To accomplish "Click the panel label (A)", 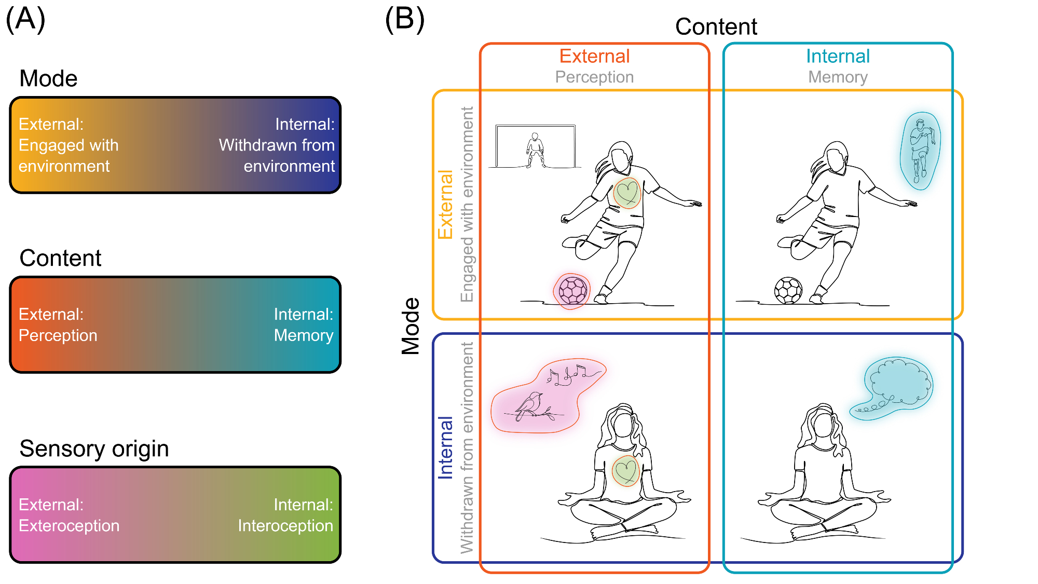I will pyautogui.click(x=25, y=19).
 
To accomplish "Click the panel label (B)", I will pyautogui.click(x=405, y=19).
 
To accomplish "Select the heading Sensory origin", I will pyautogui.click(x=94, y=449).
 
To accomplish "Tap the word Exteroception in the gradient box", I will pyautogui.click(x=69, y=525).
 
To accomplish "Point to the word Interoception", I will pyautogui.click(x=285, y=525).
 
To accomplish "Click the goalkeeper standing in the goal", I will pyautogui.click(x=535, y=150).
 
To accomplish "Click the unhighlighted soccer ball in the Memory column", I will pyautogui.click(x=788, y=291).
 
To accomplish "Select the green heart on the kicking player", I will pyautogui.click(x=627, y=193).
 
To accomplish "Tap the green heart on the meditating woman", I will pyautogui.click(x=625, y=471).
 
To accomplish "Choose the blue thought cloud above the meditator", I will pyautogui.click(x=898, y=385).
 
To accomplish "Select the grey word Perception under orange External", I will pyautogui.click(x=594, y=77).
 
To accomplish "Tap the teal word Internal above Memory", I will pyautogui.click(x=838, y=56).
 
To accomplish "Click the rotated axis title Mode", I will pyautogui.click(x=411, y=326).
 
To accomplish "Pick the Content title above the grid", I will pyautogui.click(x=716, y=26).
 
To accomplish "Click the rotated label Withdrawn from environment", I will pyautogui.click(x=467, y=447).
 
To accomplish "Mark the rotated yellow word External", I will pyautogui.click(x=445, y=205).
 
